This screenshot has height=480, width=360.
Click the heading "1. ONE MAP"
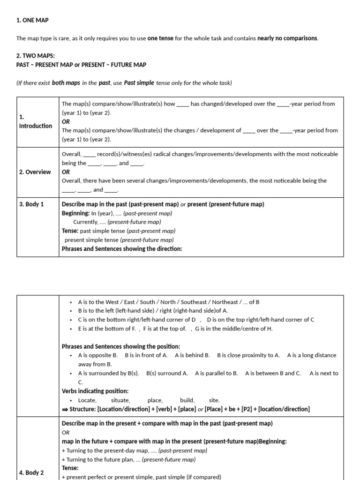click(x=32, y=20)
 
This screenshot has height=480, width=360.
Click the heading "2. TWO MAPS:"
click(x=35, y=56)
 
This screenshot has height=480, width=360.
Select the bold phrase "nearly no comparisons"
click(x=287, y=38)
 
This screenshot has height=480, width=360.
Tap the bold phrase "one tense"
click(x=160, y=38)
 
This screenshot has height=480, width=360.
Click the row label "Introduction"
click(x=36, y=126)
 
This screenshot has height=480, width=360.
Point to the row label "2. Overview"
click(x=35, y=172)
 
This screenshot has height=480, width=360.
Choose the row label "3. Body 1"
click(x=32, y=204)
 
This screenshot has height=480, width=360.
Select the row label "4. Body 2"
click(x=32, y=472)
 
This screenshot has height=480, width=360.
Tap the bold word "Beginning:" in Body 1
click(x=75, y=213)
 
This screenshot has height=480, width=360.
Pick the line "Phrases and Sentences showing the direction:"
click(x=122, y=249)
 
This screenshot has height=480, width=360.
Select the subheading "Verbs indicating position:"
click(x=95, y=391)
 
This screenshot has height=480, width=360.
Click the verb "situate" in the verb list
click(x=120, y=400)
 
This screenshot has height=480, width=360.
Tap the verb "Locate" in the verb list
click(x=87, y=400)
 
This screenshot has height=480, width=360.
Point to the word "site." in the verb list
click(x=214, y=400)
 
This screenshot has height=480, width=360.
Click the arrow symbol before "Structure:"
click(x=65, y=409)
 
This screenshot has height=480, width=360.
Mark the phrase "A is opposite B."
click(x=97, y=355)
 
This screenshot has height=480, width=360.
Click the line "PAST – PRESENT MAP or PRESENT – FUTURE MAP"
click(x=81, y=65)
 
